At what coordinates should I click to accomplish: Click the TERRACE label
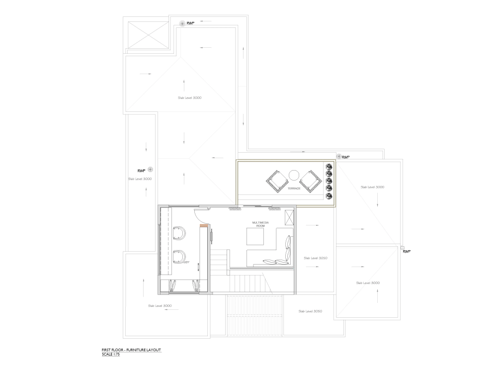point(294,188)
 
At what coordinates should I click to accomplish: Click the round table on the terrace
point(294,175)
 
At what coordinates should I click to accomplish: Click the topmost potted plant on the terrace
point(328,167)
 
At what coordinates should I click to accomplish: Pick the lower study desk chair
point(179,256)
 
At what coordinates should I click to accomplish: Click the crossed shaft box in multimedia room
point(289,217)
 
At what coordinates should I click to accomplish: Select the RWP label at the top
point(190,23)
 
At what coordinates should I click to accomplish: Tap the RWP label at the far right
point(407,252)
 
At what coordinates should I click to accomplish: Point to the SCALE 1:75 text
point(110,355)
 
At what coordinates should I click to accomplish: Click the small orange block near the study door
point(202,226)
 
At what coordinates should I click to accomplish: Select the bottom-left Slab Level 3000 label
point(160,305)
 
